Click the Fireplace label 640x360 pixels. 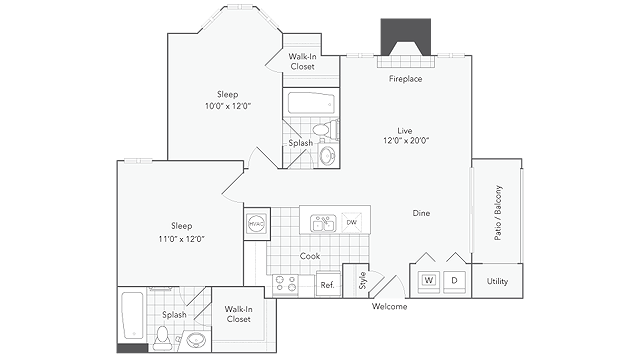point(405,79)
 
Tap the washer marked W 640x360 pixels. point(428,281)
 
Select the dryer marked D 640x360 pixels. point(454,281)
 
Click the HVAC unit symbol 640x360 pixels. point(257,224)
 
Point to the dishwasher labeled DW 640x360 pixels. point(351,222)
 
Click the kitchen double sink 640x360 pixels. point(323,223)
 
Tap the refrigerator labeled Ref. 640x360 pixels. point(328,284)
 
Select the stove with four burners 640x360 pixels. point(285,284)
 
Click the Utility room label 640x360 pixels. point(497,281)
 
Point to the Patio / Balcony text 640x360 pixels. point(498,213)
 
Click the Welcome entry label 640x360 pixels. point(389,307)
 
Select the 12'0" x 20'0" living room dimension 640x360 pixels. point(406,141)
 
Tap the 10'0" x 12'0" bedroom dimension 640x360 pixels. point(228,106)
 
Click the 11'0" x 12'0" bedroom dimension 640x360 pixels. point(182,239)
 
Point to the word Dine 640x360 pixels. point(421,213)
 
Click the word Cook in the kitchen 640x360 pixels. point(310,256)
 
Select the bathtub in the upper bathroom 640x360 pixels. point(311,103)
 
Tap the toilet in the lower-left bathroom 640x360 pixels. point(162,338)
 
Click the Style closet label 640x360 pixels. point(362,280)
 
